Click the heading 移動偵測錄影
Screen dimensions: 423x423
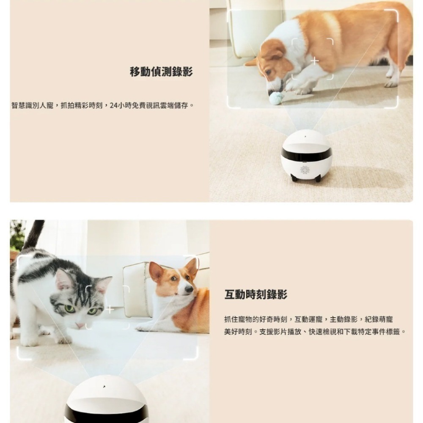(x=161, y=72)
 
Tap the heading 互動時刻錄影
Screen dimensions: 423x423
(x=256, y=294)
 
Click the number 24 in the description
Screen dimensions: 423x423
(x=113, y=105)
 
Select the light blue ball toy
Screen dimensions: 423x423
(x=275, y=96)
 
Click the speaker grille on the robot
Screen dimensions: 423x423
(x=305, y=170)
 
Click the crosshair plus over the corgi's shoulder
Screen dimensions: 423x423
(x=315, y=60)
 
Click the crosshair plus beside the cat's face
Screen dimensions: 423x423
(x=110, y=310)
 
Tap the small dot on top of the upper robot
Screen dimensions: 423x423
(x=305, y=137)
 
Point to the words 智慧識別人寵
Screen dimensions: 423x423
(x=33, y=105)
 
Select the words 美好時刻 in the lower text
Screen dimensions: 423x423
(x=238, y=332)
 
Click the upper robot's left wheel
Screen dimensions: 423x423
(x=294, y=178)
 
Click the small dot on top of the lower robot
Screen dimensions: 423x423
(x=104, y=387)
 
